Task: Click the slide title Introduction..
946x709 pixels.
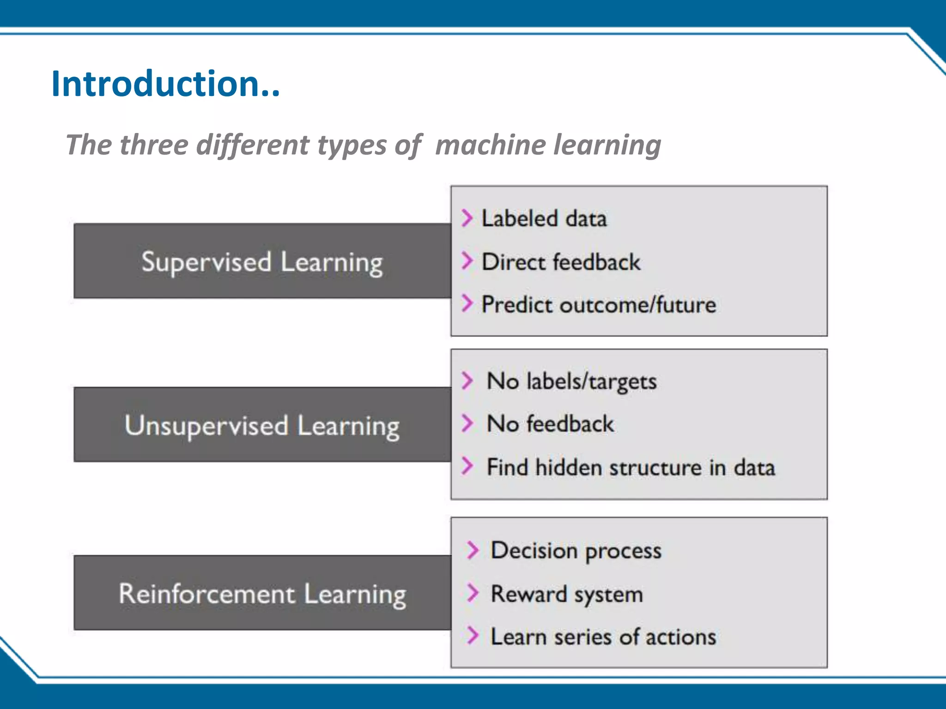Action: tap(165, 84)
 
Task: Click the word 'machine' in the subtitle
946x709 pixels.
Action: tap(491, 145)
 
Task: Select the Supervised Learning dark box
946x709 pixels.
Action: tap(262, 261)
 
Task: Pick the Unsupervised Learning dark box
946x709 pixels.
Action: tap(262, 425)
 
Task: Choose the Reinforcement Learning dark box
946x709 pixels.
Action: tap(262, 593)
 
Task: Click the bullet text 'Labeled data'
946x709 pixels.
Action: tap(544, 218)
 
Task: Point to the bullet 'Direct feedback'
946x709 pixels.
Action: tap(561, 262)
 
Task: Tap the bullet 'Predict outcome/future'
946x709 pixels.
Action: tap(599, 305)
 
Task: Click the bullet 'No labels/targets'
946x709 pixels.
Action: tap(571, 382)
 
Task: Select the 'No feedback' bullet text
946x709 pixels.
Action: tap(550, 424)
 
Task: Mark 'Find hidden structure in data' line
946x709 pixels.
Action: tap(631, 467)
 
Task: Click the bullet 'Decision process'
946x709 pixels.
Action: tap(576, 551)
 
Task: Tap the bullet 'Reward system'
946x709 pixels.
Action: tap(566, 594)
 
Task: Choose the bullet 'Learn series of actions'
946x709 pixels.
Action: tap(603, 637)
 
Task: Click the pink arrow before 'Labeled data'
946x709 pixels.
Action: tap(467, 218)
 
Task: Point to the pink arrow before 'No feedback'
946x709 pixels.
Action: tap(467, 423)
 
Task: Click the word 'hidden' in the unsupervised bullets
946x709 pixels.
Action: tap(569, 467)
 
